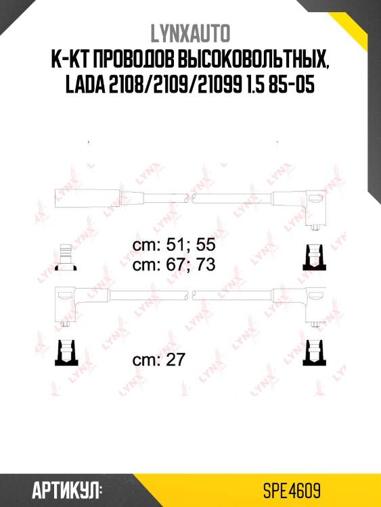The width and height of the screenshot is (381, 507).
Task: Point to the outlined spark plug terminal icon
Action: tap(66, 256)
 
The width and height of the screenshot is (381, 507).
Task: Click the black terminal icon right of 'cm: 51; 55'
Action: tap(313, 257)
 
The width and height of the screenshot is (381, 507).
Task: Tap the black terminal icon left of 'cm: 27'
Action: tap(66, 352)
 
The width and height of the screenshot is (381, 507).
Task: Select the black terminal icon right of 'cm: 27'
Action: tap(313, 352)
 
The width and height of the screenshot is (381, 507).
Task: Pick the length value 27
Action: tap(175, 360)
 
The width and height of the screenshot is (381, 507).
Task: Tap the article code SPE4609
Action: tap(293, 489)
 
